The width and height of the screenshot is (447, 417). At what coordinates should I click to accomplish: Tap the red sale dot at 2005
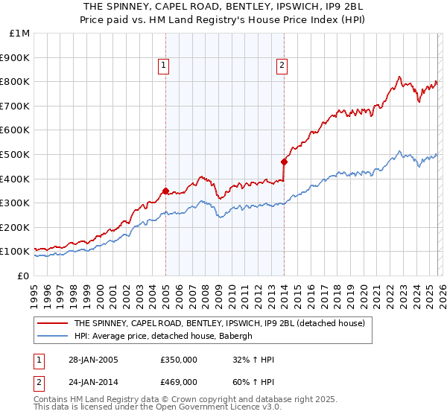click(165, 191)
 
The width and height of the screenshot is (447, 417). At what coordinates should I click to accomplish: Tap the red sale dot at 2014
click(284, 162)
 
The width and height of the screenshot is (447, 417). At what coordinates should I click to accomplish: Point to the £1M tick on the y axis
click(19, 34)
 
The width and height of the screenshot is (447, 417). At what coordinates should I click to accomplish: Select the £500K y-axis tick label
click(16, 155)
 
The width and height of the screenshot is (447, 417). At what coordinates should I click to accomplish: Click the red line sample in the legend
click(51, 324)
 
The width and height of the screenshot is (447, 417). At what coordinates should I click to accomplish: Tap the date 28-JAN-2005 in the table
click(92, 360)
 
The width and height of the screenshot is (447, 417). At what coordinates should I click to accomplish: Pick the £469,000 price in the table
click(179, 382)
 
